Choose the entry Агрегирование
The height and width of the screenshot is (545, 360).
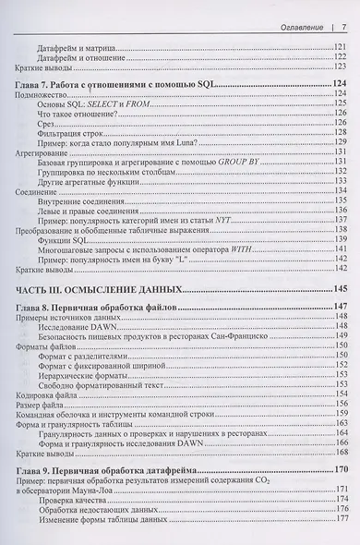[x=38, y=156]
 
